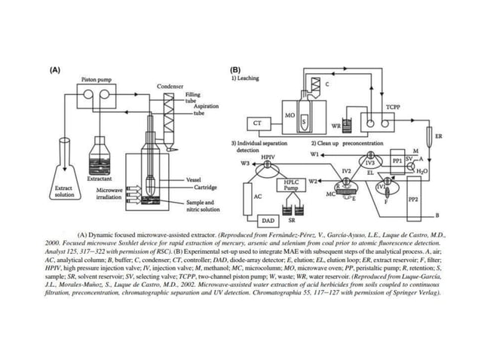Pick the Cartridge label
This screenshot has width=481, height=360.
[201, 187]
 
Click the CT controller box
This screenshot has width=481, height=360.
[257, 122]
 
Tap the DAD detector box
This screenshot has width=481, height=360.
[268, 220]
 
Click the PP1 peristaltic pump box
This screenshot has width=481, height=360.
[397, 160]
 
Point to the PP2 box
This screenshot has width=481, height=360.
[412, 200]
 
